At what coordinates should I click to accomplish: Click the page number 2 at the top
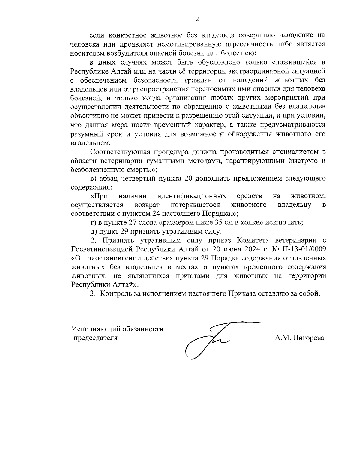click(197, 20)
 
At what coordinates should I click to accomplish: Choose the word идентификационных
click(192, 196)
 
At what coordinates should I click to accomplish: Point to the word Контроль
click(114, 293)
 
